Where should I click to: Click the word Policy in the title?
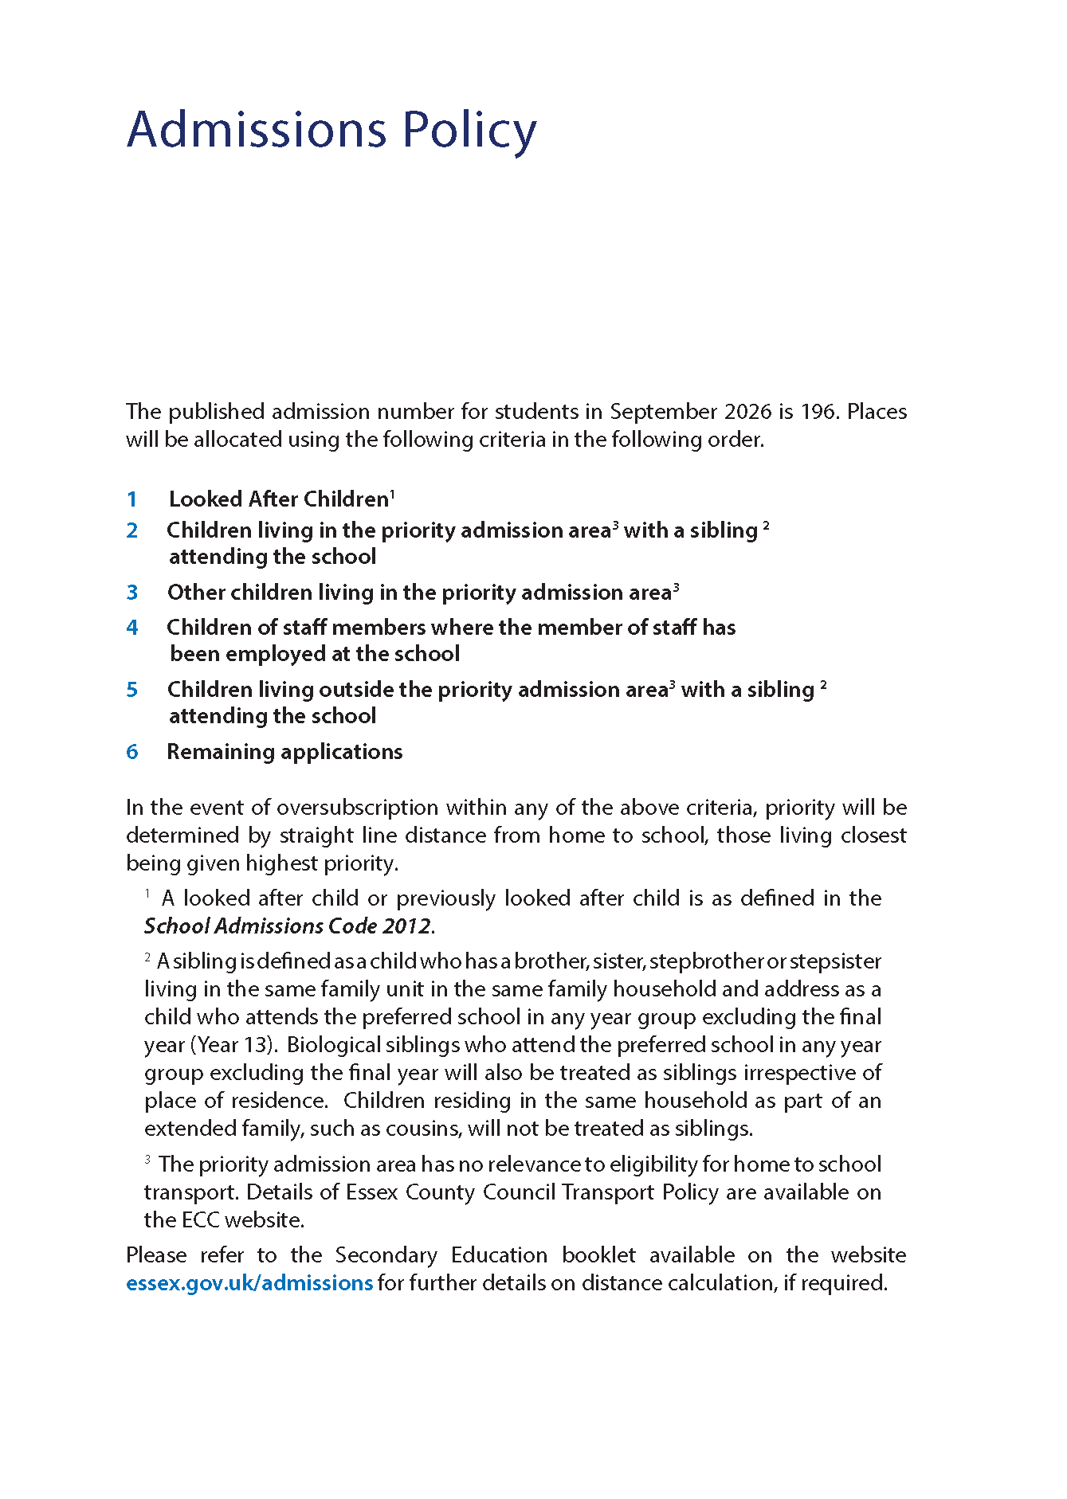(x=469, y=131)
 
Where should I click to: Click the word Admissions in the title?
(x=257, y=129)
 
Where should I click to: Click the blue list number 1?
(x=132, y=499)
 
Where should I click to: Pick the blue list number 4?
(x=132, y=628)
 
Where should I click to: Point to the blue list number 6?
(x=132, y=752)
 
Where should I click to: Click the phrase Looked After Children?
(x=278, y=499)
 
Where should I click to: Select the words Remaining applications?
(x=284, y=752)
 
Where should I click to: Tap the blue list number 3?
(x=132, y=593)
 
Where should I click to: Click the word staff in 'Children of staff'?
(x=304, y=628)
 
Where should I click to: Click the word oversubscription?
(x=357, y=808)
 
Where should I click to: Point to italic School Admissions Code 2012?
(x=288, y=926)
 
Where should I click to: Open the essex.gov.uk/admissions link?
(x=249, y=1283)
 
